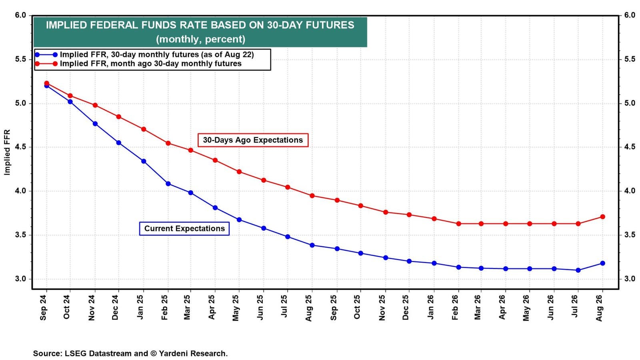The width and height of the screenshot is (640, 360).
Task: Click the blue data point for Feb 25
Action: click(x=168, y=184)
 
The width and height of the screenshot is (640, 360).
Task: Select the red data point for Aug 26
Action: click(x=602, y=217)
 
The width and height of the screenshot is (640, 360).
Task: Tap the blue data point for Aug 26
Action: click(x=602, y=263)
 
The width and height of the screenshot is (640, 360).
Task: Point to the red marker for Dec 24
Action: click(x=118, y=117)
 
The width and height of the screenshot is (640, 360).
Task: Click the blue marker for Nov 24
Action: click(x=95, y=124)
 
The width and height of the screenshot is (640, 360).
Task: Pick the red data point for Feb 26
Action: click(x=458, y=224)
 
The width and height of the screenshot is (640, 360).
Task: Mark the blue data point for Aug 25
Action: click(x=312, y=245)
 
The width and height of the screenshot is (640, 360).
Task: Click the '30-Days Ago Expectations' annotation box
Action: click(x=253, y=140)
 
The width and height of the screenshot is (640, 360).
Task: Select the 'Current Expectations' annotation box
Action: click(x=184, y=228)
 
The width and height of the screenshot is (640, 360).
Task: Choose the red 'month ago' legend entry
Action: click(x=150, y=64)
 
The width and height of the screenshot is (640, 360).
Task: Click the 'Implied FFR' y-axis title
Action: click(x=7, y=152)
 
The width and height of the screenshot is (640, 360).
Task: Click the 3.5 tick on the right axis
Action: click(x=630, y=235)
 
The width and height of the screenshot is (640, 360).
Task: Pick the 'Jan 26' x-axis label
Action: click(x=431, y=308)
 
